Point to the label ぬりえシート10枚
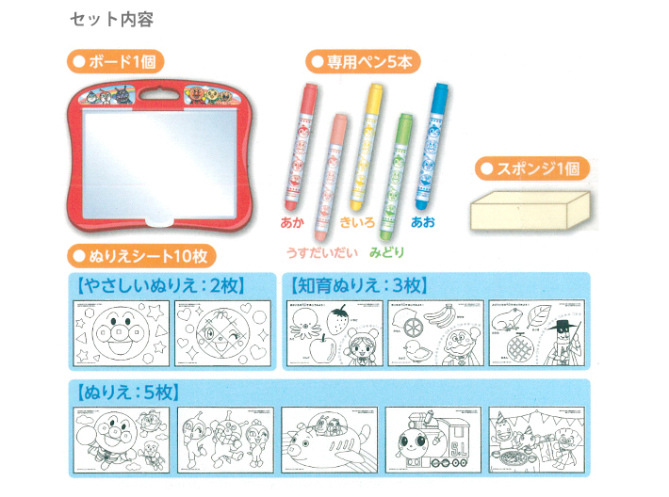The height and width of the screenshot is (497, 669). (x=142, y=254)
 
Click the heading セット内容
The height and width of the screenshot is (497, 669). (x=111, y=19)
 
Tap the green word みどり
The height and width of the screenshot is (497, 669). (x=386, y=252)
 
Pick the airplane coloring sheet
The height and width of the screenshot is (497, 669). (x=330, y=439)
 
